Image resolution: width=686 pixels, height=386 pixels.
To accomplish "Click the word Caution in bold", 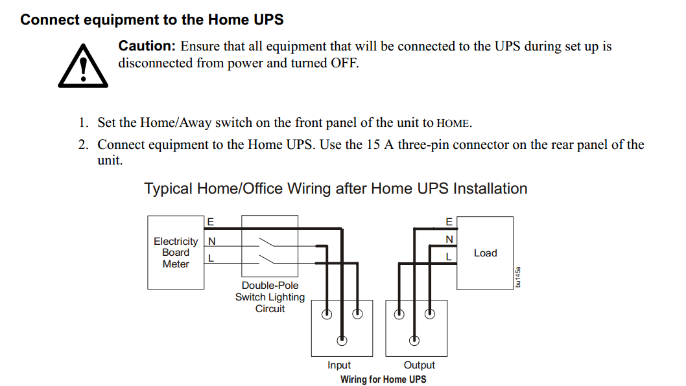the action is click(x=147, y=46).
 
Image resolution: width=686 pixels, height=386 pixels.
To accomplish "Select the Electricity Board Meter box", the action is click(x=176, y=252).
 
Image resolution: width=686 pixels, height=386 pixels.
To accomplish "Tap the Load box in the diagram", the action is click(x=485, y=253).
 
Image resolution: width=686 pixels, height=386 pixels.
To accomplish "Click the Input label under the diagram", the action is click(x=339, y=365).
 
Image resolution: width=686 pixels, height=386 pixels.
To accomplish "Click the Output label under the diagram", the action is click(x=419, y=365).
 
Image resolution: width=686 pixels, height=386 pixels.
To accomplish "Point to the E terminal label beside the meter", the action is click(x=211, y=222).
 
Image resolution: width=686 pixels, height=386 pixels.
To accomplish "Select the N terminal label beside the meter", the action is click(x=212, y=241).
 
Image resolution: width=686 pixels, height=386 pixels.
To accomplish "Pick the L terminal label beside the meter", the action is click(x=211, y=258).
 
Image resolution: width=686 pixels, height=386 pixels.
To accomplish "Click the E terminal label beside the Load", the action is click(x=449, y=222).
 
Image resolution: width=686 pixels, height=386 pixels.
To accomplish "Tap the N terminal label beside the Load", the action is click(x=449, y=239).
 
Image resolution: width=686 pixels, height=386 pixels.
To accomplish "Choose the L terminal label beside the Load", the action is click(x=449, y=257).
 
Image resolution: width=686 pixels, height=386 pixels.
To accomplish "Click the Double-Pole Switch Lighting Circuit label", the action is click(x=270, y=297).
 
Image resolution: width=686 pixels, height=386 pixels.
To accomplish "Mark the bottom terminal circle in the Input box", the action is click(x=342, y=340).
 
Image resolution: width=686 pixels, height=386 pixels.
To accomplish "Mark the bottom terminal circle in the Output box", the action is click(x=414, y=340).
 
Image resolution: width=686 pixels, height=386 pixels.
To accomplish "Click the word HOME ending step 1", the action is click(x=453, y=124).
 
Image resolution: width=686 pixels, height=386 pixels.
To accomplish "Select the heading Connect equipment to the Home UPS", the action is click(x=152, y=19).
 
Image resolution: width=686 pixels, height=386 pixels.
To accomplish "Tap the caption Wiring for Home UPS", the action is click(x=383, y=379).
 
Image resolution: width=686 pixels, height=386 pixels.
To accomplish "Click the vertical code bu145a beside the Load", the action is click(x=518, y=277).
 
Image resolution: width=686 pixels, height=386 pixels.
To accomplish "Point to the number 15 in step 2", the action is click(x=373, y=144).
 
